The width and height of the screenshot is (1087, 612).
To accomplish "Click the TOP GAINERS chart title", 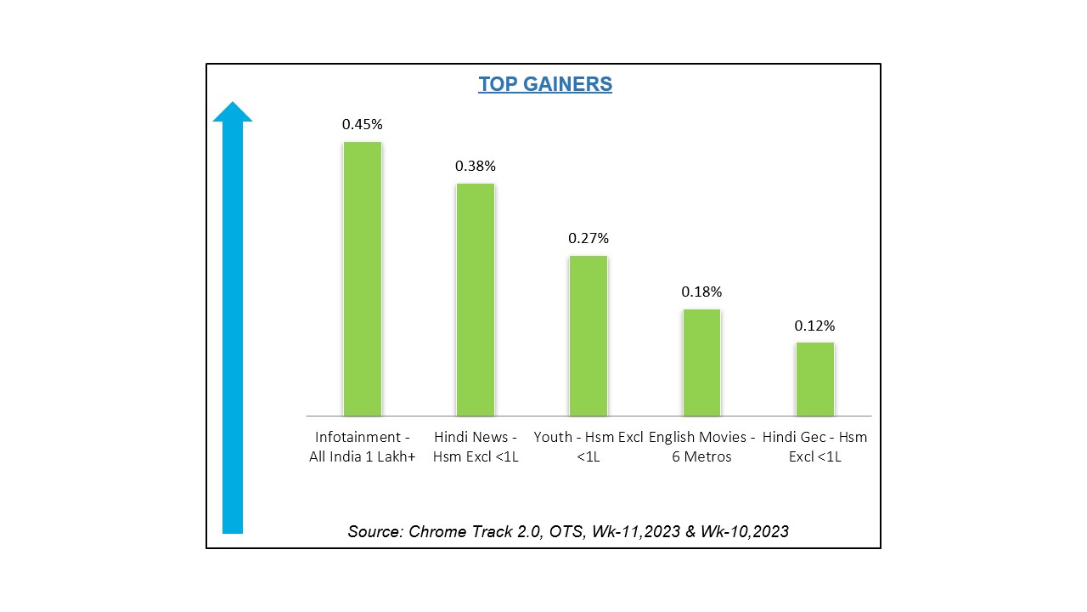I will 544,84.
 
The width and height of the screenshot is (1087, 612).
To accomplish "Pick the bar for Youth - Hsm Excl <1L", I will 588,336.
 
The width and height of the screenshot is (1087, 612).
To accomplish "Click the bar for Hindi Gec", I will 814,379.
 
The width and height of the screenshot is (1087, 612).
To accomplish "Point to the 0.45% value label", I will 362,124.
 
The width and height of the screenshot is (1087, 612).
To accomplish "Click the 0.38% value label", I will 475,166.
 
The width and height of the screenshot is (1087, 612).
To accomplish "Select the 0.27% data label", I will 588,238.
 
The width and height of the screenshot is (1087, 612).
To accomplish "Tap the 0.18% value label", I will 701,292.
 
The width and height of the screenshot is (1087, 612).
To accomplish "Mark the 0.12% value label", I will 814,326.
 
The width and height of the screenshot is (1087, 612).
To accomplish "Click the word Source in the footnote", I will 374,532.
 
